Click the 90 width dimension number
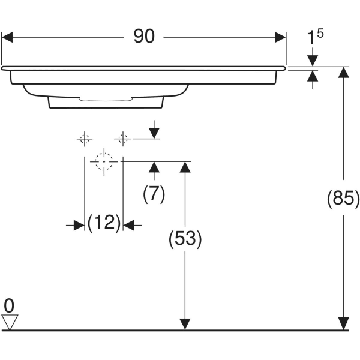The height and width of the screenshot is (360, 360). [x=144, y=37]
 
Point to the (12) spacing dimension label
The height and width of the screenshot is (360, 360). [x=104, y=223]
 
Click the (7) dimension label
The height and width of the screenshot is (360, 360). [x=154, y=193]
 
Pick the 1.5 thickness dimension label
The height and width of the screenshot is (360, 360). [x=314, y=37]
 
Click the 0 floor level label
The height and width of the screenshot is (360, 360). [x=9, y=305]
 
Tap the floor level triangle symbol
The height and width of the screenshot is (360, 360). [x=10, y=322]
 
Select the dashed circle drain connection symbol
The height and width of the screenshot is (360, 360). [x=104, y=161]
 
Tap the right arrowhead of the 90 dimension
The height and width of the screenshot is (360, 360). [x=280, y=37]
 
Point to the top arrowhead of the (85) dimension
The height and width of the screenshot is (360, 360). [x=343, y=72]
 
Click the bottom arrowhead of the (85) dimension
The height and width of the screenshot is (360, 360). [x=343, y=323]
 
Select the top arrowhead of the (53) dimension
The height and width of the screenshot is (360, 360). [x=185, y=167]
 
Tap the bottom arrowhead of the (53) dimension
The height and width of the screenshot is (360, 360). [x=185, y=323]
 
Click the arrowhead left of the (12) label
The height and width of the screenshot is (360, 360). [x=78, y=225]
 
